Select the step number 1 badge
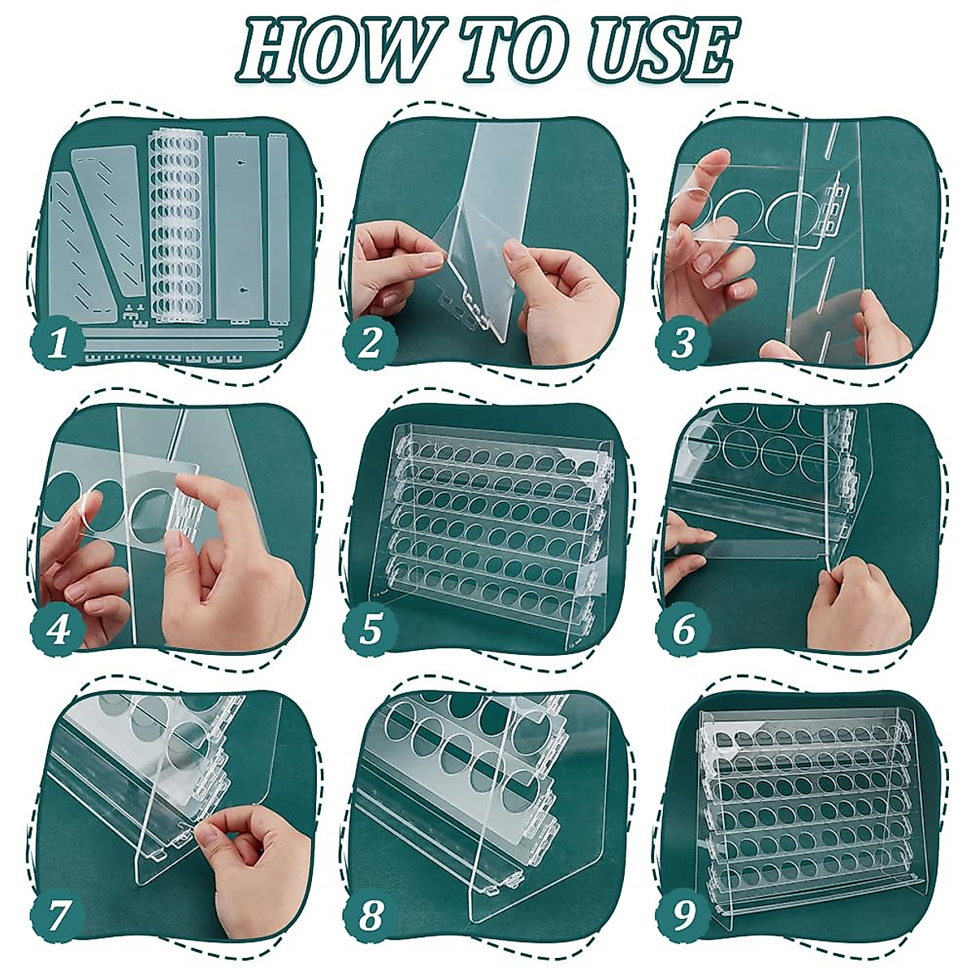(x=56, y=342)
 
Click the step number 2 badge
(x=370, y=342)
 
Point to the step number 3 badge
(x=683, y=342)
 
